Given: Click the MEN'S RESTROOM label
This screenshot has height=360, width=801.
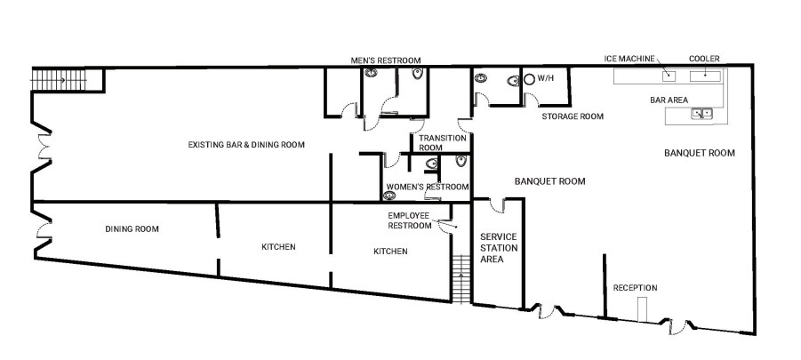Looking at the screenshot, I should (385, 60).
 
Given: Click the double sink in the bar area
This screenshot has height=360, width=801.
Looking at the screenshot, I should (702, 113).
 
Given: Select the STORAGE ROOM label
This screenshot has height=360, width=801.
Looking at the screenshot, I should (573, 116).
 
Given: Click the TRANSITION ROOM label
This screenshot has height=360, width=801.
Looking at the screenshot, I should (443, 143).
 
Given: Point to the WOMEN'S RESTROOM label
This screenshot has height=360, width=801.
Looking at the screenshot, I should (427, 187).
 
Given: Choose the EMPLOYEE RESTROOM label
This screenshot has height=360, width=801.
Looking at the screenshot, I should (408, 220).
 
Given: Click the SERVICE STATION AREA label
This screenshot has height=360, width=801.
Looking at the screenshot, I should (498, 247).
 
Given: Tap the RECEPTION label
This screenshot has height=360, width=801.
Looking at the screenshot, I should (635, 288).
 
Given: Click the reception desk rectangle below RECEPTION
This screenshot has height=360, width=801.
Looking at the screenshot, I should (642, 309).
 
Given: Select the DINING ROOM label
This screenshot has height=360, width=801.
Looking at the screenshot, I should (132, 229).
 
